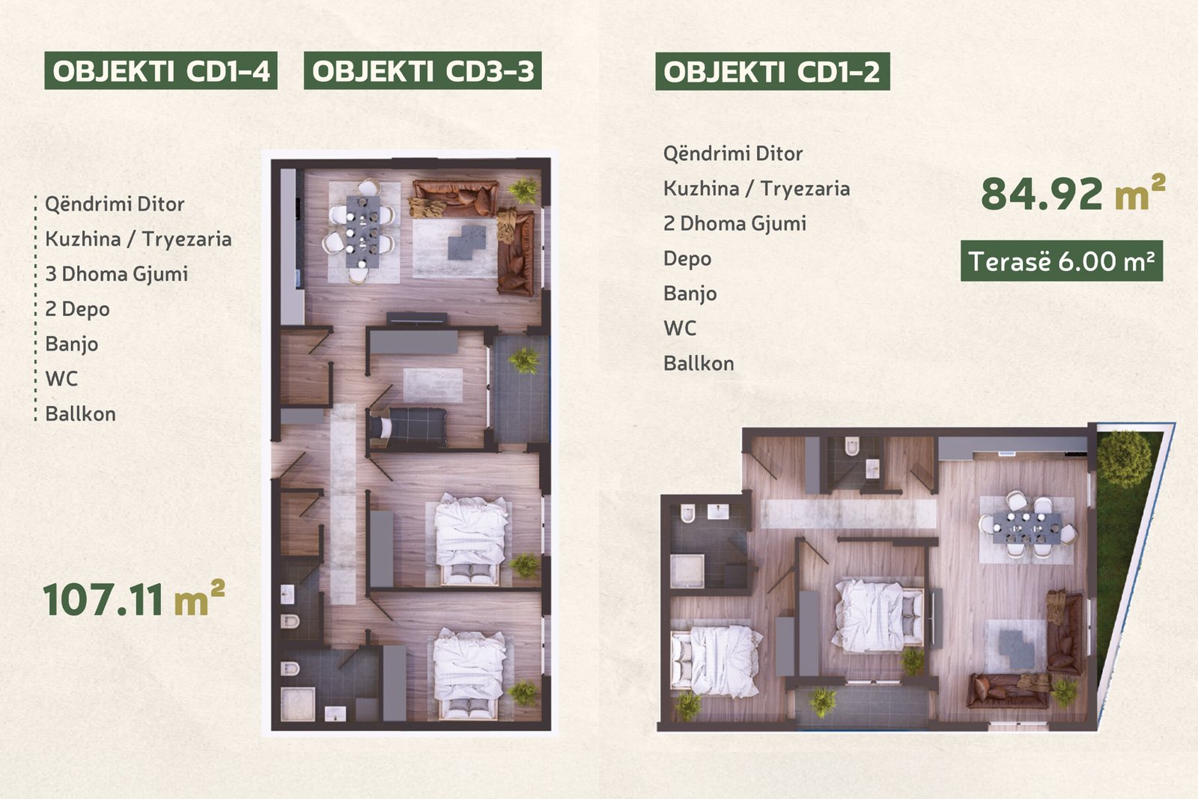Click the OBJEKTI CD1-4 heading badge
160,70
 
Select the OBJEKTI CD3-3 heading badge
422,70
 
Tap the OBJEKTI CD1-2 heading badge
772,71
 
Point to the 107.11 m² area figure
134,599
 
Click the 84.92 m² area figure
1073,192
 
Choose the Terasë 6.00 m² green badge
1062,261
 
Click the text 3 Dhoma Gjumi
117,274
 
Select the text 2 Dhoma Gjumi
735,224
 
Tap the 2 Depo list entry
78,309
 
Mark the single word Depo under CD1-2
687,259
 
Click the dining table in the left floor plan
362,231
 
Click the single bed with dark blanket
409,428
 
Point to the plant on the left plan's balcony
524,360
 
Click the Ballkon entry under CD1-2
699,364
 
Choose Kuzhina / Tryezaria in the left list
138,239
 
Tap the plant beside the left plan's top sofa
523,190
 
